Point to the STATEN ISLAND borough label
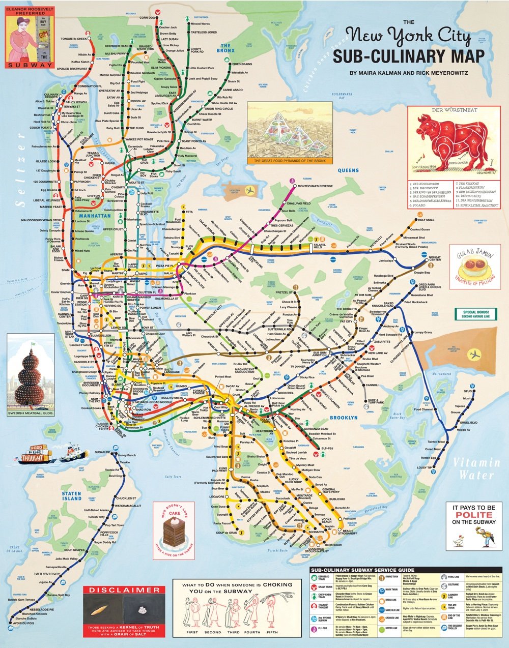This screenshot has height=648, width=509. (71, 496)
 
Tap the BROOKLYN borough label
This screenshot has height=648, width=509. (344, 418)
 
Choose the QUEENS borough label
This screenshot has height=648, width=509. (348, 170)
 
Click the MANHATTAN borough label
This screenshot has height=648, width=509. (95, 216)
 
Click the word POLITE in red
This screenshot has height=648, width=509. (474, 515)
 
